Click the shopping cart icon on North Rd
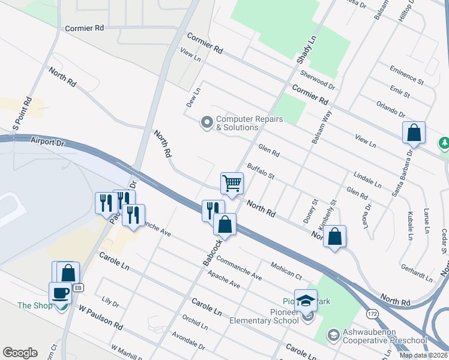click(232, 182)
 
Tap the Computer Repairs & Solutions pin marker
click(207, 123)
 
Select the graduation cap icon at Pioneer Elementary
click(306, 300)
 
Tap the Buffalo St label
click(261, 172)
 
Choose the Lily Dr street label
click(111, 301)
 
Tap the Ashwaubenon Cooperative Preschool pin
click(333, 334)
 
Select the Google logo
click(20, 353)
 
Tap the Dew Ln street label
click(192, 97)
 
